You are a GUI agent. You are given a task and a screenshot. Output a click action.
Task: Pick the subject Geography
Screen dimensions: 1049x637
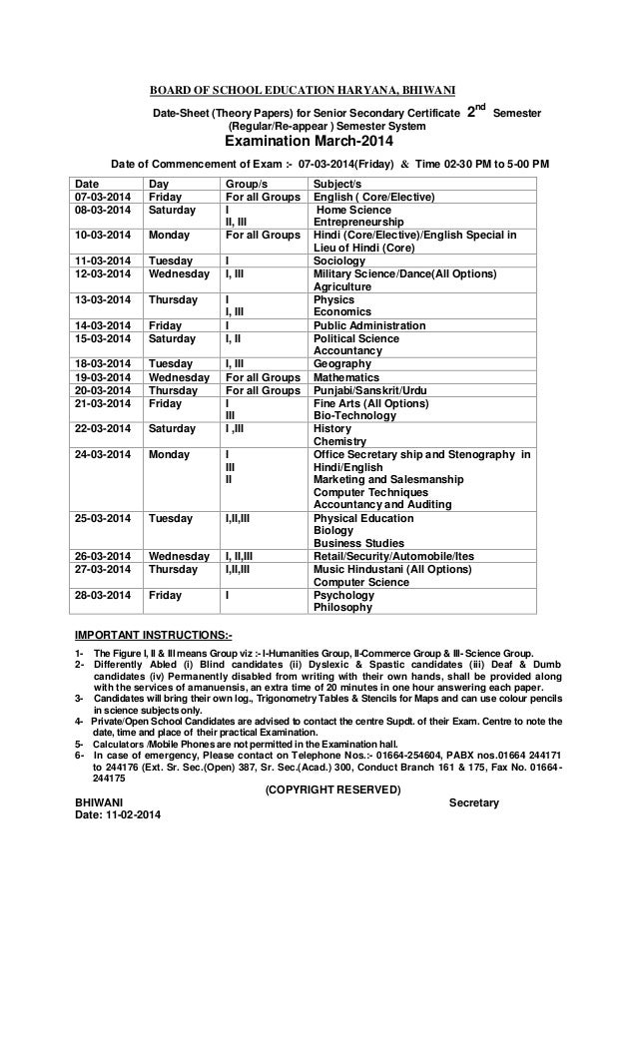(343, 366)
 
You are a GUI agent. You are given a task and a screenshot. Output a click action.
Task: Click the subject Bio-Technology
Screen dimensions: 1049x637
(351, 415)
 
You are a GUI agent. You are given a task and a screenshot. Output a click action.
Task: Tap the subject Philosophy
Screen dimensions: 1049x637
(342, 607)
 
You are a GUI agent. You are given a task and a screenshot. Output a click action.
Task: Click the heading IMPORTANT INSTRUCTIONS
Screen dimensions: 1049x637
(154, 634)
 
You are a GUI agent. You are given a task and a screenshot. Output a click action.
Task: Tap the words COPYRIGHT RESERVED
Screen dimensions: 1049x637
(330, 789)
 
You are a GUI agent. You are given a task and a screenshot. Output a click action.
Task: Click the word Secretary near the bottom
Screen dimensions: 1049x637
(474, 802)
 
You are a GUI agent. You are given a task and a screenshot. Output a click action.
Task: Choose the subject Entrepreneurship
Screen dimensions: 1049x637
(358, 222)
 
